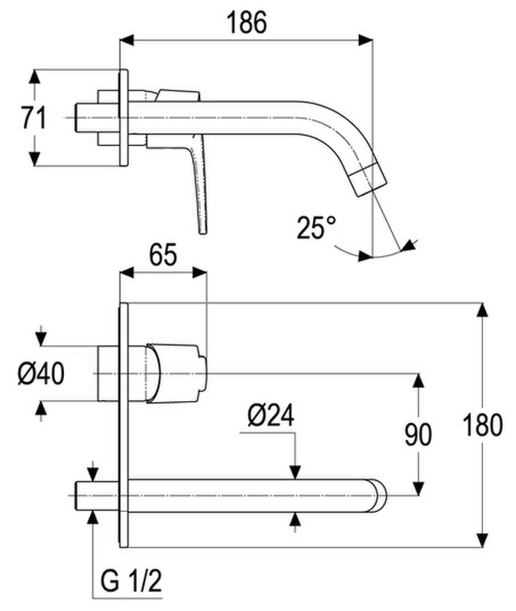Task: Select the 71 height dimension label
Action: point(34,117)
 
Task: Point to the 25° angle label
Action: point(316,227)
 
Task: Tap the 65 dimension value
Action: point(163,255)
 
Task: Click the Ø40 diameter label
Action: point(41,373)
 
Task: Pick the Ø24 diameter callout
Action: point(271,416)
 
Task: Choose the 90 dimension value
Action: point(418,434)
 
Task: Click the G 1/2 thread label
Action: point(131,581)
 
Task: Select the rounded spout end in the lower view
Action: point(377,495)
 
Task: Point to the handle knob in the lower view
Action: point(176,373)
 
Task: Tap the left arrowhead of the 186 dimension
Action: point(126,40)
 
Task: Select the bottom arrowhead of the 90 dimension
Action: point(419,488)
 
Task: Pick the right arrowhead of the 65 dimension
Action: point(199,272)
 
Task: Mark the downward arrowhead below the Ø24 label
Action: point(296,472)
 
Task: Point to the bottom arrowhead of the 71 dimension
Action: point(35,158)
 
